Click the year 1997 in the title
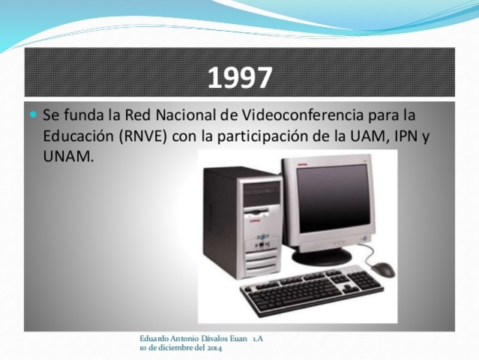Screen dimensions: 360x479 coord(240,77)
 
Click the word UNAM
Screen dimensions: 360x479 coord(68,157)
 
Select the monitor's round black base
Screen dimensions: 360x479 coord(322,256)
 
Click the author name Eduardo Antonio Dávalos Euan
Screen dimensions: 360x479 coord(193,339)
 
